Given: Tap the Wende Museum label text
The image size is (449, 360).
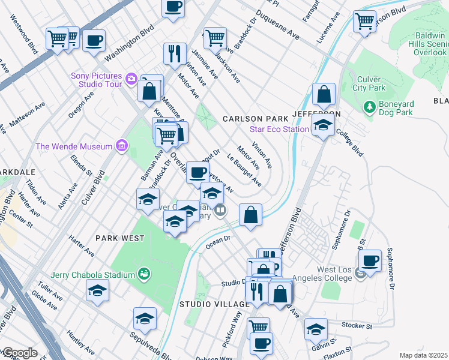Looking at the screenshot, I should pos(74,146).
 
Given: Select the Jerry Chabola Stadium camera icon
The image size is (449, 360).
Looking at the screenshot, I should pos(143,275).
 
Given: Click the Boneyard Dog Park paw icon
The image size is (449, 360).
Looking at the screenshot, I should pos(370,107).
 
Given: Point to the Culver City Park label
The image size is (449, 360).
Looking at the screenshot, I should pos(379,83).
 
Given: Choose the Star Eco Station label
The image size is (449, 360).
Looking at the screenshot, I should pos(279,129).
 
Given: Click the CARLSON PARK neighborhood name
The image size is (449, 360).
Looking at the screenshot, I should pos(255,119).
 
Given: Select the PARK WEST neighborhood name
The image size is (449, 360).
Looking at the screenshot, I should pos(120,238).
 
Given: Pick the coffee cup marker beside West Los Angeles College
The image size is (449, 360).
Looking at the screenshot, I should pos(370,260).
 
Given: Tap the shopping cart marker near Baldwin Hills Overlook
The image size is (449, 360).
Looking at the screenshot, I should pos(364,21).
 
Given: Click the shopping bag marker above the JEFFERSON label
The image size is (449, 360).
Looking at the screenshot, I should pos(324,94).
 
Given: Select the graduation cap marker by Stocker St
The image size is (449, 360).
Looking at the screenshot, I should pos(316,328).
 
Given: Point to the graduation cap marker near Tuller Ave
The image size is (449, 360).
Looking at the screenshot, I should pos(98,291).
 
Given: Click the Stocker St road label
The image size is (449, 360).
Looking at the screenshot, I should pos(352,327).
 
